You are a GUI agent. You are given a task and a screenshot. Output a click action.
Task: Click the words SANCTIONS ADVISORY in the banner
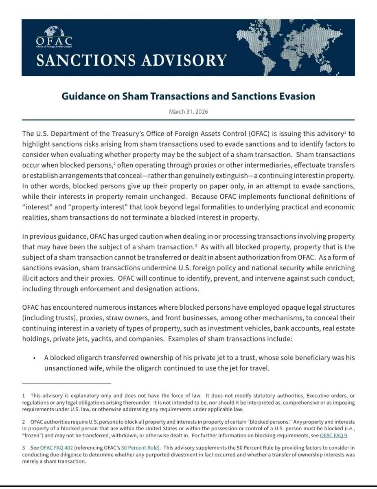pyautogui.click(x=131, y=60)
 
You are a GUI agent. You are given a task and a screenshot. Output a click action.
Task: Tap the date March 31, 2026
pyautogui.click(x=188, y=112)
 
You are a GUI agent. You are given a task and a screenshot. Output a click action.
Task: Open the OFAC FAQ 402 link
pyautogui.click(x=57, y=447)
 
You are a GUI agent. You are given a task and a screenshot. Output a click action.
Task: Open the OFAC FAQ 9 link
pyautogui.click(x=334, y=436)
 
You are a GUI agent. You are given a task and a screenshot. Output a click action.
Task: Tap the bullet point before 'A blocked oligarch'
pyautogui.click(x=35, y=358)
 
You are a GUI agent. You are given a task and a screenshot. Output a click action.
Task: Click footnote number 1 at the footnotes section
pyautogui.click(x=24, y=396)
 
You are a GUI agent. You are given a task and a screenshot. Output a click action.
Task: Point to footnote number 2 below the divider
pyautogui.click(x=24, y=422)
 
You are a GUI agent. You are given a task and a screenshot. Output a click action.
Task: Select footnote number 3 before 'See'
pyautogui.click(x=24, y=447)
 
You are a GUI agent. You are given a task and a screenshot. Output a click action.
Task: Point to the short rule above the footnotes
pyautogui.click(x=66, y=383)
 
